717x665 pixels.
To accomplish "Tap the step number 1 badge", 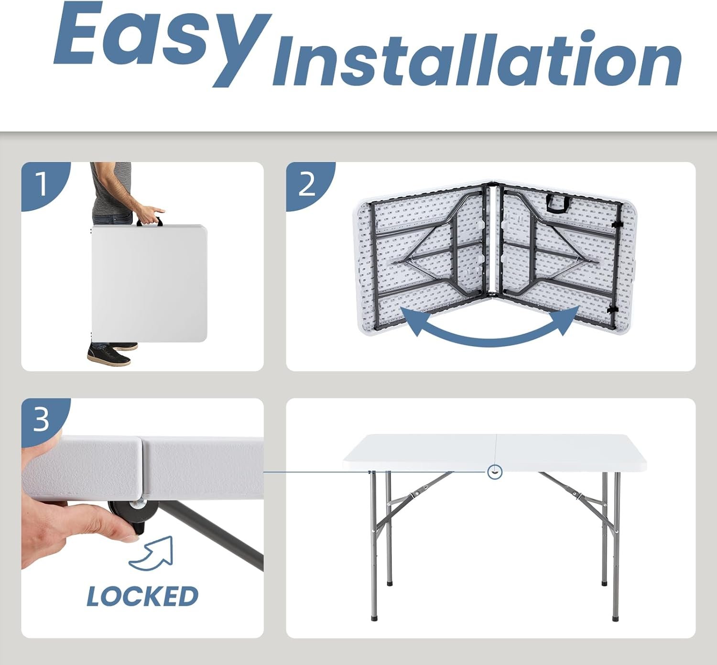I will [42, 185].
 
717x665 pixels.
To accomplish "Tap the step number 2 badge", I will [307, 184].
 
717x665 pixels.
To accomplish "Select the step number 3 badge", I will [42, 419].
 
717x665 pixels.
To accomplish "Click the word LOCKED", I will [142, 596].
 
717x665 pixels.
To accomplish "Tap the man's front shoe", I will [109, 356].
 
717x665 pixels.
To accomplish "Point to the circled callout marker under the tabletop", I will [495, 472].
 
